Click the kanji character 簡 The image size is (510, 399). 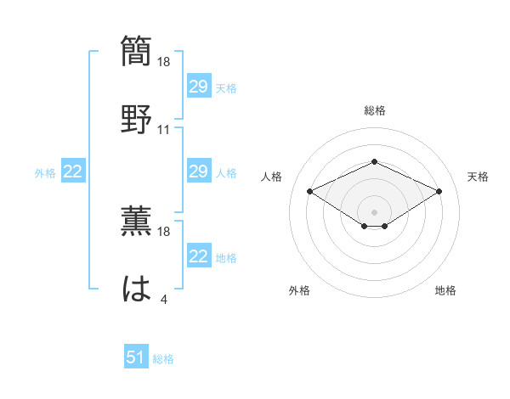point(137,51)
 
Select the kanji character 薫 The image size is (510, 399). point(137,222)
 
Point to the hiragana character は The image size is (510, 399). point(137,289)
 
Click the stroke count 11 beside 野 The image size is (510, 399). point(164,130)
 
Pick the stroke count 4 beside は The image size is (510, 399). point(163,300)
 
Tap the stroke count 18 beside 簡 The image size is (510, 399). point(164,62)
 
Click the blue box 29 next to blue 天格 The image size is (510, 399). point(198,86)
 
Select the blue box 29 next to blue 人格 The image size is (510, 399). point(198,171)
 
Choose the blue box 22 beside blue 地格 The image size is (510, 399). point(198,256)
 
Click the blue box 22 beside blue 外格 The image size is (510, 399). point(73,171)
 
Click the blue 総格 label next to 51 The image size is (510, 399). point(163,359)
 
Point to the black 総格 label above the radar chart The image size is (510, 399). point(374,110)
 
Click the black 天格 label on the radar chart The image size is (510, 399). point(478,177)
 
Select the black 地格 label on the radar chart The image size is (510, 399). point(445,290)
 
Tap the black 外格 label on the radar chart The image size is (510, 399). point(299,290)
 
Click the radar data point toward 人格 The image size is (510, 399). point(309,191)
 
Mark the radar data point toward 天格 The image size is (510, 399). point(439,191)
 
